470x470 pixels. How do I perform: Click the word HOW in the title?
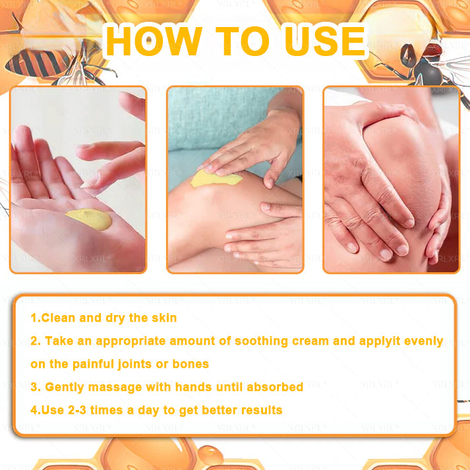pos(154,41)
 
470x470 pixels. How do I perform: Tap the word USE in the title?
pos(325,41)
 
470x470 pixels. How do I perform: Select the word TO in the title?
pos(243,41)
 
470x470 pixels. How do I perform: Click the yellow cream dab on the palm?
pos(89,219)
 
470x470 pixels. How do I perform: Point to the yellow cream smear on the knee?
pos(216,179)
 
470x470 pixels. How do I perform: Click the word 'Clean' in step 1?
pos(58,318)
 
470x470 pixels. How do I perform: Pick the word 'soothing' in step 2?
pos(261,341)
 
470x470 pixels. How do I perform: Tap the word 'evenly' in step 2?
pos(424,341)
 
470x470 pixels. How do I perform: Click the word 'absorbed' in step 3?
pos(275,387)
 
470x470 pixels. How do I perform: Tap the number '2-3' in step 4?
pos(76,410)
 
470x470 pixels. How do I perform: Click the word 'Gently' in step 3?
pos(65,387)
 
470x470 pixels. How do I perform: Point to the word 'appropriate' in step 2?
pos(131,341)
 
